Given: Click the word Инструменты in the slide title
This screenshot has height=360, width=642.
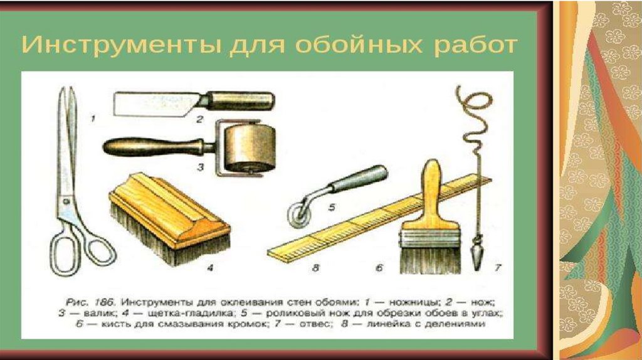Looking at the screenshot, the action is coord(121,45).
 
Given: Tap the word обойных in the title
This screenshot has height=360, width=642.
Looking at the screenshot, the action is coord(359,45).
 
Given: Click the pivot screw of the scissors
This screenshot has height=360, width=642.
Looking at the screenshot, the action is coord(66,201).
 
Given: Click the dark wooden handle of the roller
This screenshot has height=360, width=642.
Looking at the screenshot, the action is coord(154,147).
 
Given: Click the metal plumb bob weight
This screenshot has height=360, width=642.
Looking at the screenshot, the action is coord(477,255).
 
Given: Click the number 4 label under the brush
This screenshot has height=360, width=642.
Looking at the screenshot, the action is coord(210,268).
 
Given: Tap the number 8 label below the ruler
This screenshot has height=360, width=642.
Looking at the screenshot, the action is coord(315,268).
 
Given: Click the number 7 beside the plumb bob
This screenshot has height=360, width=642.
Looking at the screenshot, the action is coord(498,268).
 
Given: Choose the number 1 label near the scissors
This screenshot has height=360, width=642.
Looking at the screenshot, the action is coord(93,119).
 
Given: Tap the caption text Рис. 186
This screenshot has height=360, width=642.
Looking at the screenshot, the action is coord(91,303).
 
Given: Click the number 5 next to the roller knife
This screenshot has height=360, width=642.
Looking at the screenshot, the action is coord(332,207).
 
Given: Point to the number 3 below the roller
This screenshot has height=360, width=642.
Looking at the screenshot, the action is coord(200,167).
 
